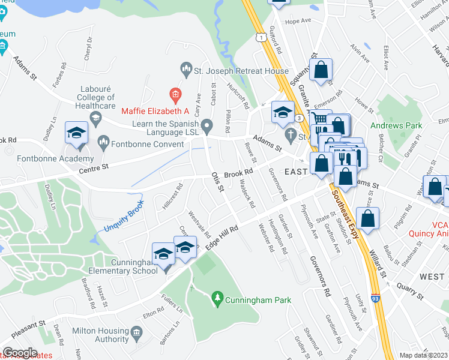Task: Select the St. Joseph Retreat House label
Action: click(241, 71)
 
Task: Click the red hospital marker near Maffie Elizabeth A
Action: click(175, 94)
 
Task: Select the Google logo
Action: click(19, 353)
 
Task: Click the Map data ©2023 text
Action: click(424, 355)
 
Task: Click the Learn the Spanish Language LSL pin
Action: click(207, 126)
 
